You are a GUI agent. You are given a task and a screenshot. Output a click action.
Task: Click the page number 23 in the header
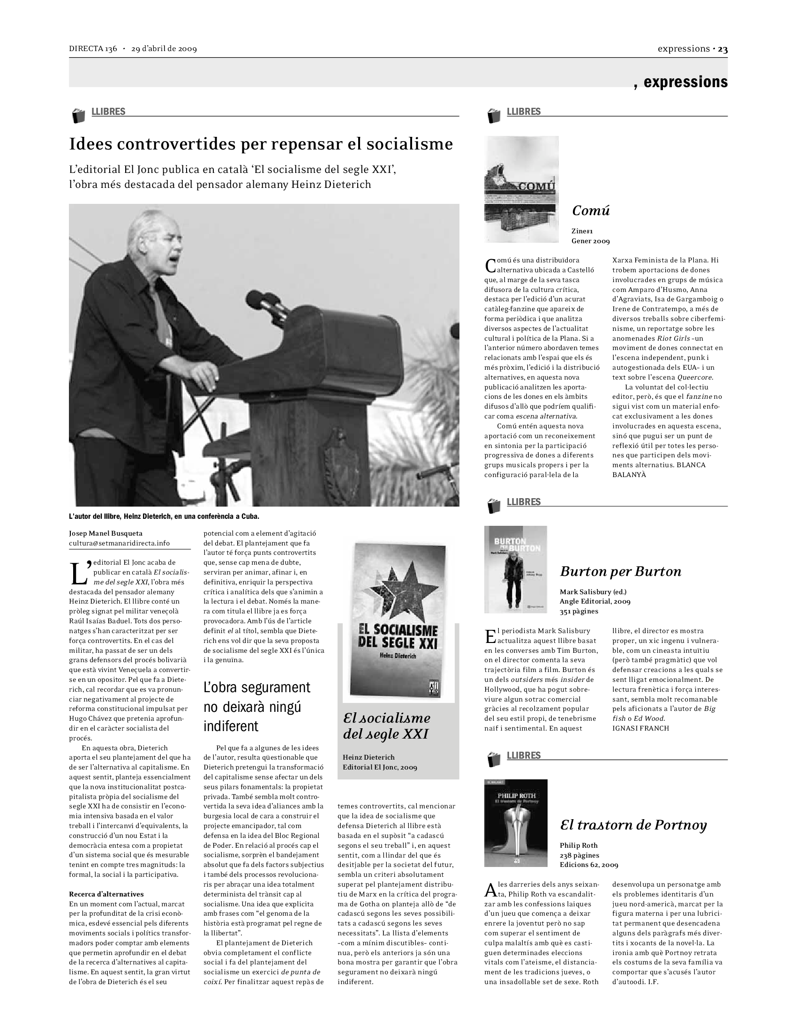pos(723,49)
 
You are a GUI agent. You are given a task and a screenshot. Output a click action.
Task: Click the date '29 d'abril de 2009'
pos(164,49)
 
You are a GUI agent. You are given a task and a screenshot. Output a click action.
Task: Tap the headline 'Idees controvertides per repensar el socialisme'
pos(261,144)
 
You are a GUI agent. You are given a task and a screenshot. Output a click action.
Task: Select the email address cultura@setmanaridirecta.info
pos(119,543)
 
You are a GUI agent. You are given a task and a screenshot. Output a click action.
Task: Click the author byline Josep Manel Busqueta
pos(106,533)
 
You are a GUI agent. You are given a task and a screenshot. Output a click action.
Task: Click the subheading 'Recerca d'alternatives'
pos(106,894)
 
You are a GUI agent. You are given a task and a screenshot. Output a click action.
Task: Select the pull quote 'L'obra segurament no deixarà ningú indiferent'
pos(257,707)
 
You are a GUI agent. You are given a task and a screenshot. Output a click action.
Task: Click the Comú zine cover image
pos(521,189)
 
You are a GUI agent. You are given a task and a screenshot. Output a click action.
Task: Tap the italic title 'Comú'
pos(591,210)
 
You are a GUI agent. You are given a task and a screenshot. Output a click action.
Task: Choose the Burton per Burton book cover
pos(515,569)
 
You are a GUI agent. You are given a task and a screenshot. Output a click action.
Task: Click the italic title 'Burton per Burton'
pos(620,572)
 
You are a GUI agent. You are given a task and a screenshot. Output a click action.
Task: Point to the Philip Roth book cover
pos(516,823)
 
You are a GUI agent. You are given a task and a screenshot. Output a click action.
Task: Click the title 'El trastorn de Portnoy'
pos(633,825)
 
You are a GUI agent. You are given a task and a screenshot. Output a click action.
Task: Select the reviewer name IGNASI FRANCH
pos(640,728)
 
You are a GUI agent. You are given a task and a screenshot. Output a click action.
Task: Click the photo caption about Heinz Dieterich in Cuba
pos(164,516)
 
